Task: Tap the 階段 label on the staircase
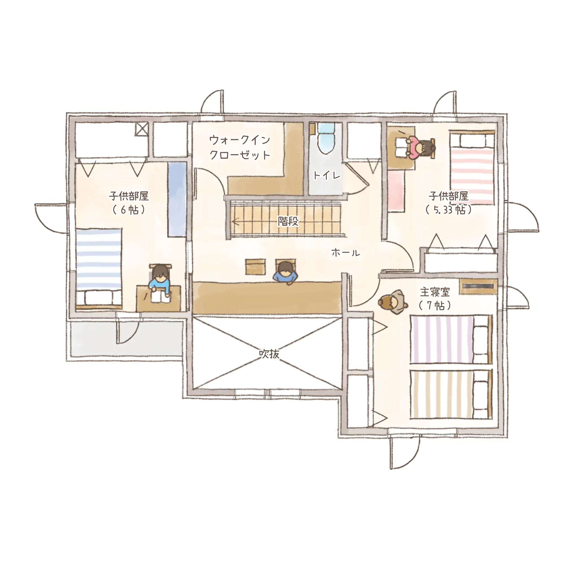pos(288,221)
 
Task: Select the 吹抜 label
pos(269,354)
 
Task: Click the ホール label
pos(346,252)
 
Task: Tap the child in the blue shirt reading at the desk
pos(159,283)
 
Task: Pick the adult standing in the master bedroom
pos(393,301)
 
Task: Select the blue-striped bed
pos(98,268)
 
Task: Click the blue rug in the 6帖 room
pos(177,199)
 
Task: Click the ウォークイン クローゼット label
pos(240,147)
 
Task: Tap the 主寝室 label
pos(435,292)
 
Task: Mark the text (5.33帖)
pos(448,210)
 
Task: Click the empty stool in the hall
pos(256,266)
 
